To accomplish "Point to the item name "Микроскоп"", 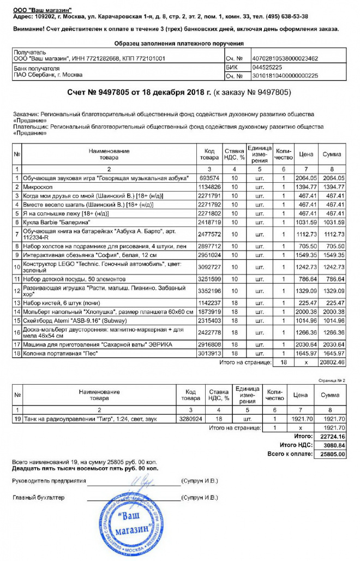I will click(37, 187).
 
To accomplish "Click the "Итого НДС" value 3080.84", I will click(333, 445).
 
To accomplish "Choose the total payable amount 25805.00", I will click(333, 454).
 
